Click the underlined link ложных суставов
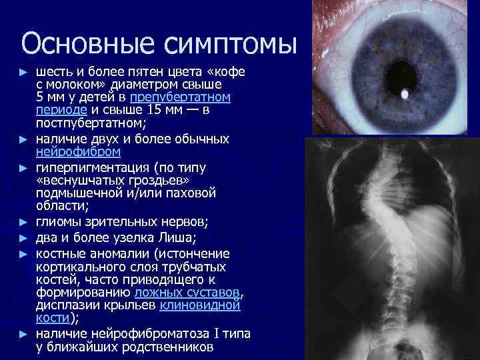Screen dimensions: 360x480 tap(186, 293)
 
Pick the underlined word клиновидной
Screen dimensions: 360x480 tap(199, 305)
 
